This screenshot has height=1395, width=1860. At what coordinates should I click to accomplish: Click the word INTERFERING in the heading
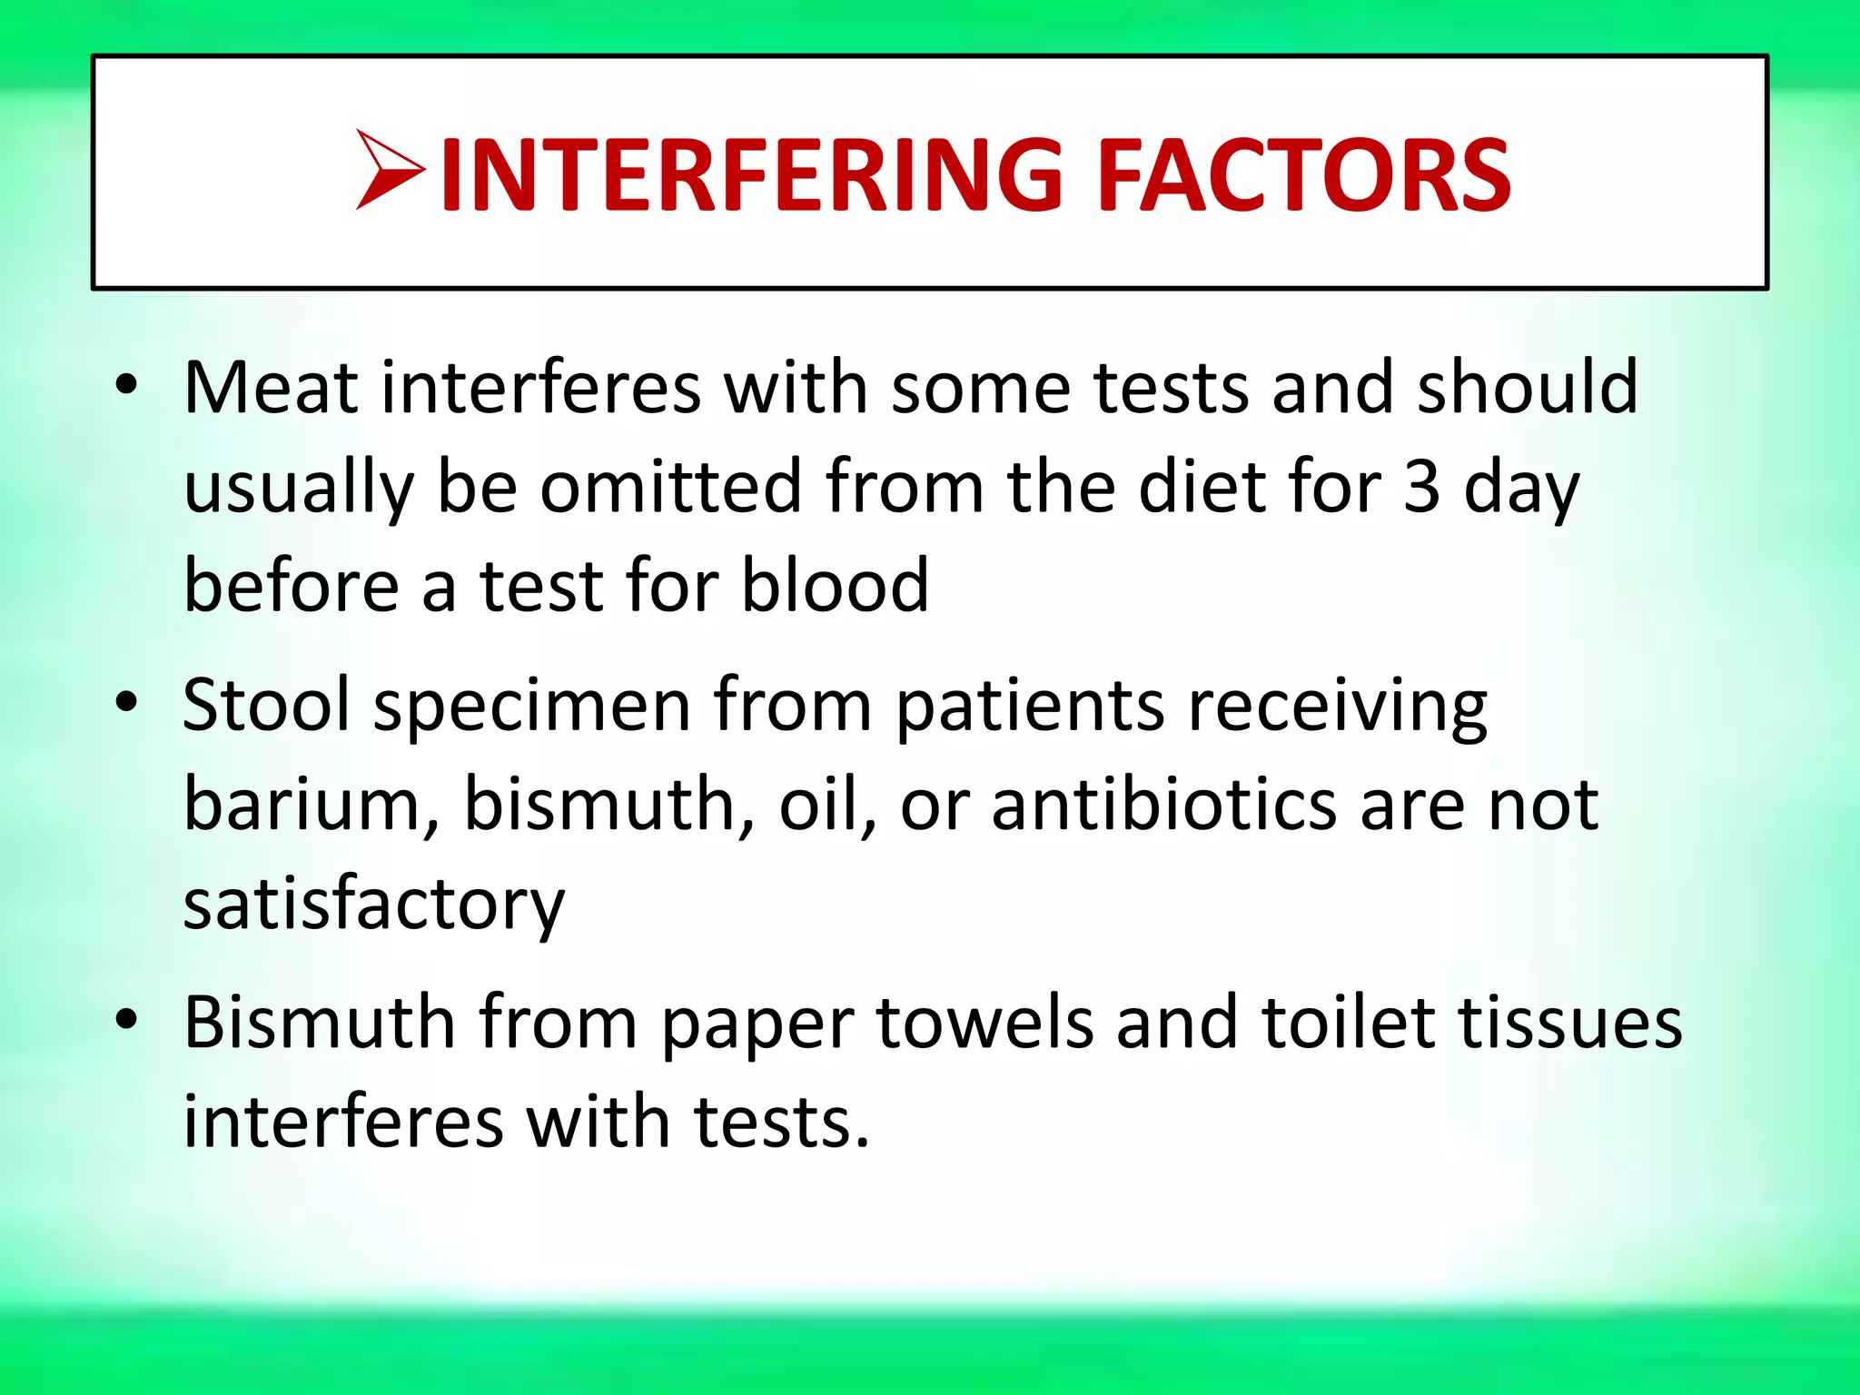point(751,175)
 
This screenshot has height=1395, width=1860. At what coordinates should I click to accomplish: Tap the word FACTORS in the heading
point(1304,175)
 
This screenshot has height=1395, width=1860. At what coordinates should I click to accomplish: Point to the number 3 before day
point(1421,486)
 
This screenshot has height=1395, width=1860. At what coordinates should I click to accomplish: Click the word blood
point(835,585)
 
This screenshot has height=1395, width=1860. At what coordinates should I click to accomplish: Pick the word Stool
point(266,705)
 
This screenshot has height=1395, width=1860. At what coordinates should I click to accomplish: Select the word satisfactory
point(374,905)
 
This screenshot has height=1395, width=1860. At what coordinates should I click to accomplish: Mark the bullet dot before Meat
point(126,385)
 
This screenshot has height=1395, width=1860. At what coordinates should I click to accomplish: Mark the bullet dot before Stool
point(126,702)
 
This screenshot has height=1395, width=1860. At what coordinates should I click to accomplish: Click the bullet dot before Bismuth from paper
point(126,1019)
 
